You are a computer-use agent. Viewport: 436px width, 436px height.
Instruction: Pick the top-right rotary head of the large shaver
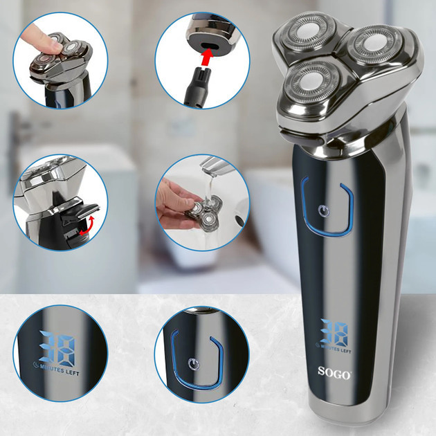click(x=371, y=48)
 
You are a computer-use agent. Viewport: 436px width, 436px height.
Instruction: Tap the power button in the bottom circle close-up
click(x=196, y=361)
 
